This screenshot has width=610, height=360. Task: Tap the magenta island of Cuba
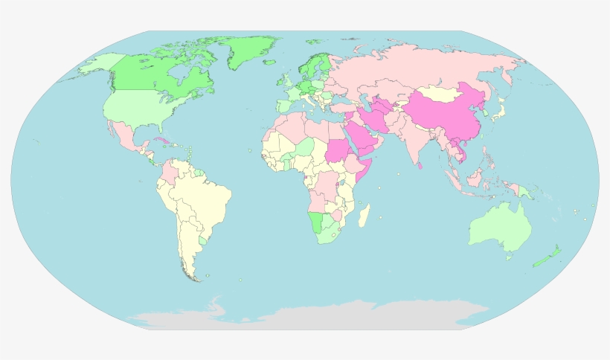(x=161, y=140)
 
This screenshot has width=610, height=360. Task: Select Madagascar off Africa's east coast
(x=364, y=216)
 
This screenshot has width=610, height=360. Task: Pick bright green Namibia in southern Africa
(x=317, y=221)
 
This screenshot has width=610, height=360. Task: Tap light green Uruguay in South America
(x=203, y=241)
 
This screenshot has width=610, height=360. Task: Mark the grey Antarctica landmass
(x=312, y=316)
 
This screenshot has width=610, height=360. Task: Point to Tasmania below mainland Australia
(x=509, y=257)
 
